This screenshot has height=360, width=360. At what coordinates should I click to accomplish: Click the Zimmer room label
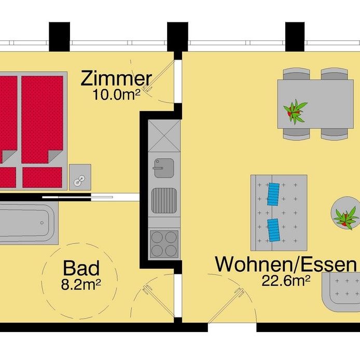(116, 79)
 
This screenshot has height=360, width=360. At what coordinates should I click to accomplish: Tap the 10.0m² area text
(116, 94)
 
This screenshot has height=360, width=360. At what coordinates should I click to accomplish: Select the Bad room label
(81, 269)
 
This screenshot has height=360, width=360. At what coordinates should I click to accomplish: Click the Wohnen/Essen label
(286, 265)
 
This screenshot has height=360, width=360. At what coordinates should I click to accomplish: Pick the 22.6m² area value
(286, 281)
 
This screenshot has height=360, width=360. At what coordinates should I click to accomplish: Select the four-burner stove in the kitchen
(164, 244)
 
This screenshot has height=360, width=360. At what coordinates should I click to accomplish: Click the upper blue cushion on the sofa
(274, 195)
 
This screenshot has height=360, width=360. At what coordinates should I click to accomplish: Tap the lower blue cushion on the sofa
(274, 230)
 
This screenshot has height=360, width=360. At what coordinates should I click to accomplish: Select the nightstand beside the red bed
(80, 176)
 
